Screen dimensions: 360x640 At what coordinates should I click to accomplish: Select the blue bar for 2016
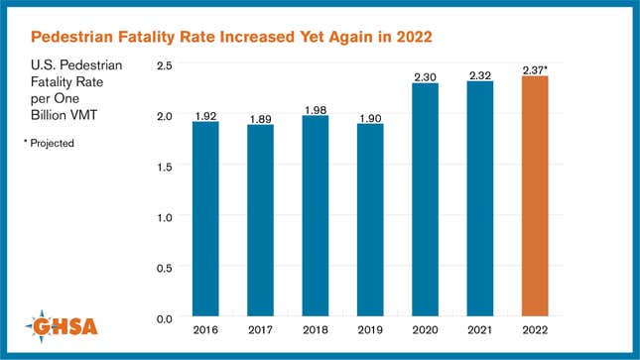tap(205, 219)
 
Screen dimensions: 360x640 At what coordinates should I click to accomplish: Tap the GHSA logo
tap(65, 323)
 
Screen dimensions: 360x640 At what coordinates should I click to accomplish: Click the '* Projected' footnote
tap(49, 143)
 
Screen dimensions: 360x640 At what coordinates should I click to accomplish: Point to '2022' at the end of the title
tap(416, 38)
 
